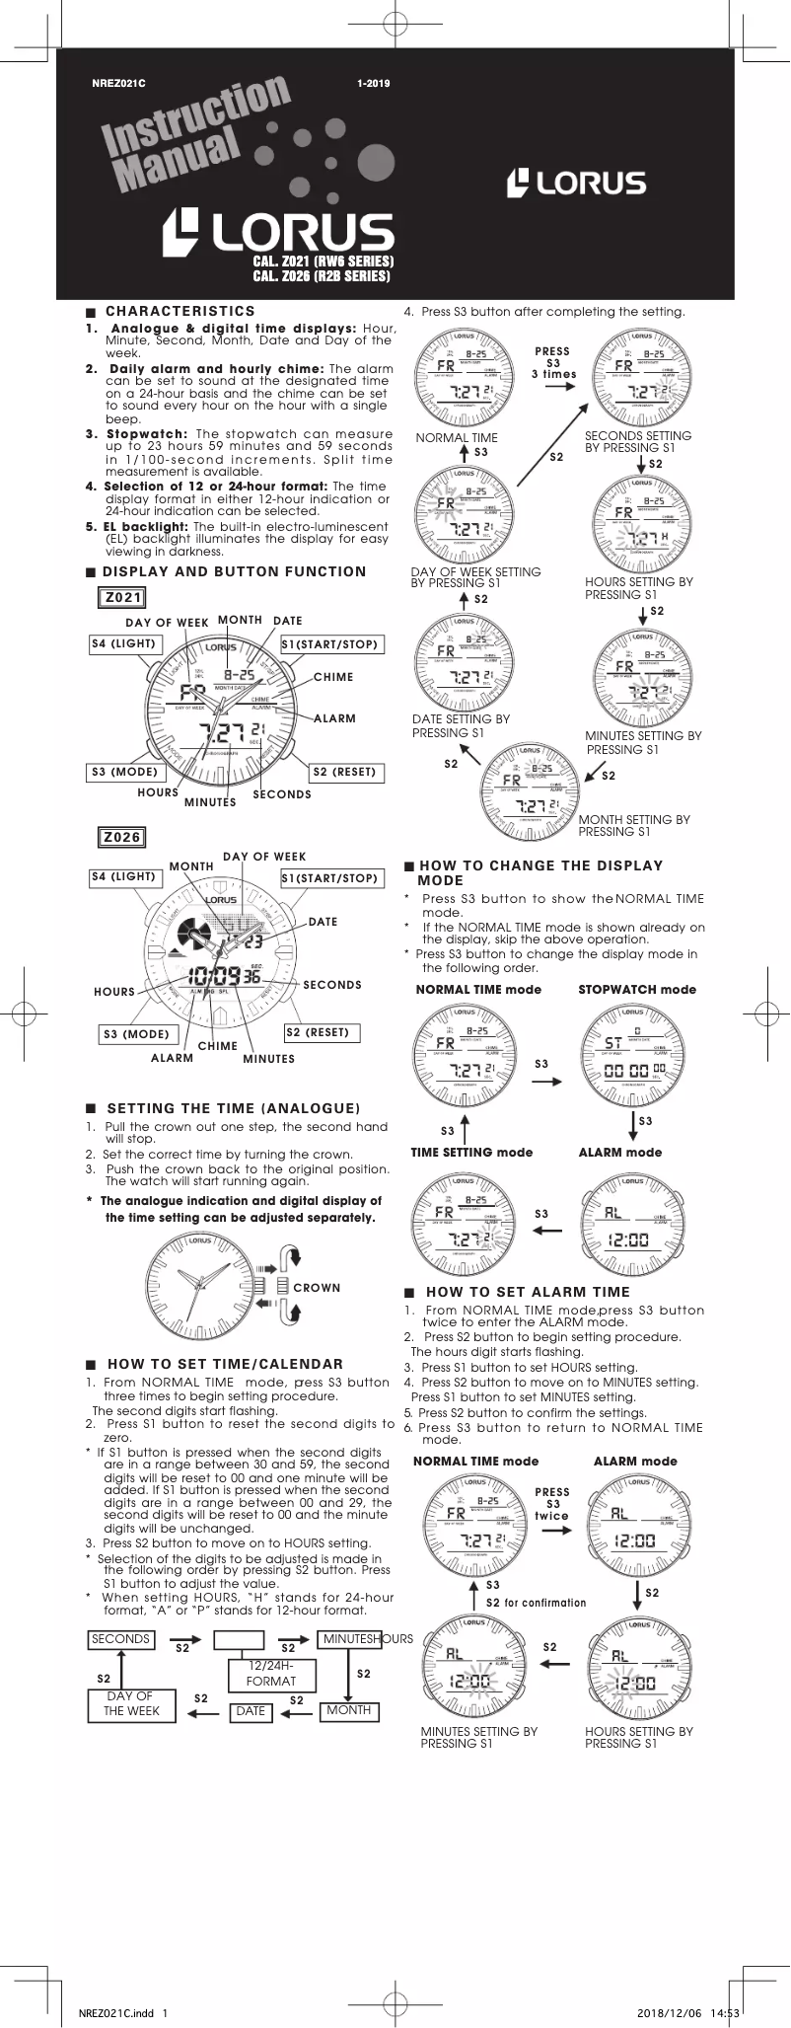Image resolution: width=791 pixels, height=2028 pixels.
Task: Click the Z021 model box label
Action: click(x=123, y=597)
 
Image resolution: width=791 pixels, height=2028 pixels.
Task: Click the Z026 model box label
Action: click(x=122, y=837)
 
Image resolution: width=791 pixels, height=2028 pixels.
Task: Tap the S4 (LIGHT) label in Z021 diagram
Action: click(x=123, y=643)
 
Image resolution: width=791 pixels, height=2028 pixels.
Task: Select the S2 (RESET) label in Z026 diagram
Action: click(x=318, y=1032)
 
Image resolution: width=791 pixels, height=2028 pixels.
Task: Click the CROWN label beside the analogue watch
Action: click(x=317, y=1288)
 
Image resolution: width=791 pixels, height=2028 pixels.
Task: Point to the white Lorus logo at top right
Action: click(x=577, y=183)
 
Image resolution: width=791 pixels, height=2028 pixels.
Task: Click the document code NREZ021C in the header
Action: click(x=118, y=83)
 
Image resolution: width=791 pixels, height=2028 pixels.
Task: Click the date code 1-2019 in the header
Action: click(x=374, y=83)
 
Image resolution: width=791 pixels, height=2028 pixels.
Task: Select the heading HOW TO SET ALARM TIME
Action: click(x=527, y=1292)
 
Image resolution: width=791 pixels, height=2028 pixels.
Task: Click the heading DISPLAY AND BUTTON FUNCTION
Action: click(x=234, y=571)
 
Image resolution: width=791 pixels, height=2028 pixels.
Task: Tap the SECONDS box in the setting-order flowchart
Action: click(x=120, y=1639)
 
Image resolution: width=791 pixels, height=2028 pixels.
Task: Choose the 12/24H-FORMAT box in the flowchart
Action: click(x=270, y=1674)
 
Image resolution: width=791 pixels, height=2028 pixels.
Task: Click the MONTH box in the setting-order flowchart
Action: click(x=349, y=1710)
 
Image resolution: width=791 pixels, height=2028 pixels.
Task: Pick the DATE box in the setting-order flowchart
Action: click(x=251, y=1711)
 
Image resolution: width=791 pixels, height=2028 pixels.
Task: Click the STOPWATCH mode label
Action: click(x=636, y=989)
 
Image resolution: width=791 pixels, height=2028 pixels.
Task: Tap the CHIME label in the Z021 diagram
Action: click(x=333, y=677)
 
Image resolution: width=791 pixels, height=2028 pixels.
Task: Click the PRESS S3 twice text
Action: click(x=552, y=1504)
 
